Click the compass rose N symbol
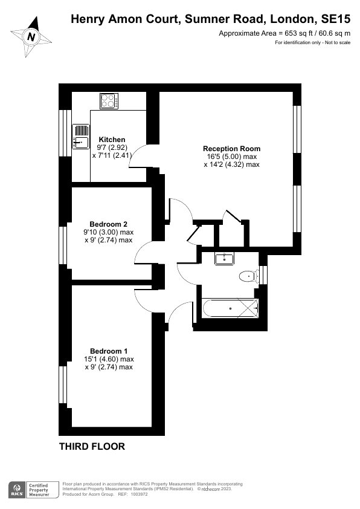31,37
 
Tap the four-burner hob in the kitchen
109,101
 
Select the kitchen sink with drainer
81,137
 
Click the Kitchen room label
112,140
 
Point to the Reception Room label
231,149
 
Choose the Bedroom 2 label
108,224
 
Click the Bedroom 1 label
109,351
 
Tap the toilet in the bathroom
249,277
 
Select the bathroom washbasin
224,259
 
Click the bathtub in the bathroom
231,308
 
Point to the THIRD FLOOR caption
92,446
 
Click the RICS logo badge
16,490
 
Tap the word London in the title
293,19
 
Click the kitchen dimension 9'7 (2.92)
112,148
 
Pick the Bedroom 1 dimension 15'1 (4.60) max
109,359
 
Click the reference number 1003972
139,494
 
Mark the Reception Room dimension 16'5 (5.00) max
231,157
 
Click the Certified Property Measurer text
39,490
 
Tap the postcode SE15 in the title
336,19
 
